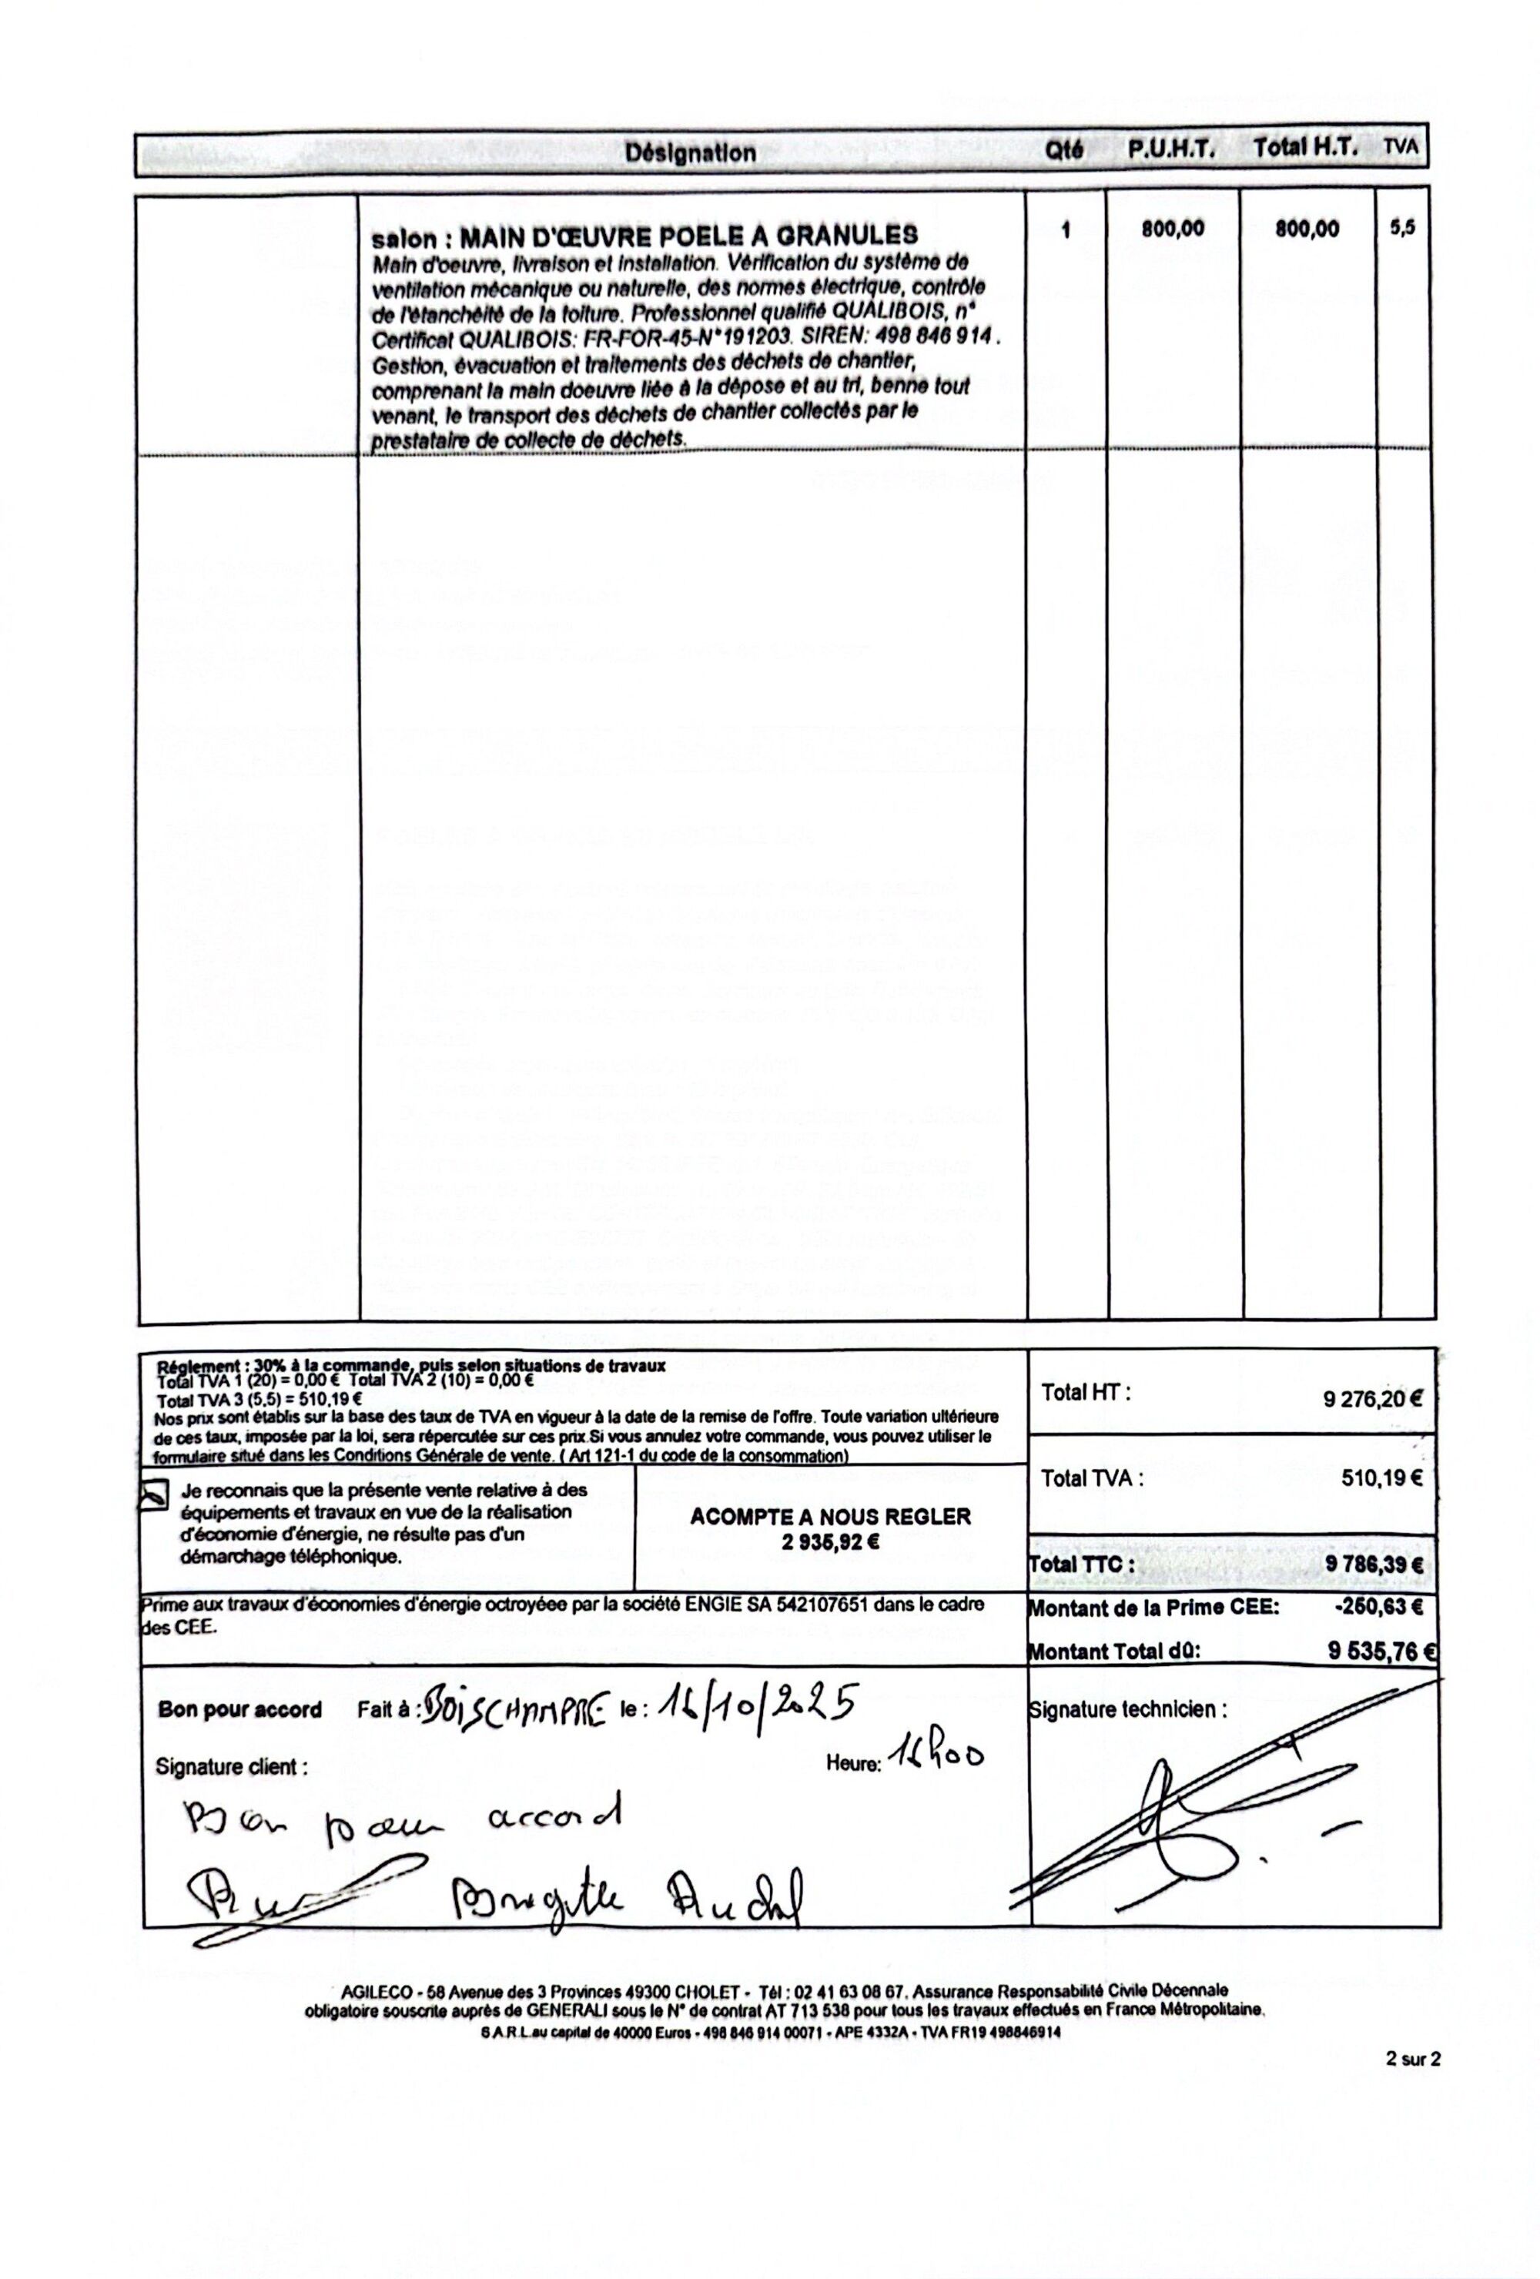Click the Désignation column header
(x=691, y=153)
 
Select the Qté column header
(x=1064, y=151)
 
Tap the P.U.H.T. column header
(x=1170, y=150)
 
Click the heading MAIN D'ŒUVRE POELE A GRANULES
(x=688, y=236)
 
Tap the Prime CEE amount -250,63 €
(x=1378, y=1608)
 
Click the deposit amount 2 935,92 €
(x=830, y=1541)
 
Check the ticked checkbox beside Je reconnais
(x=154, y=1495)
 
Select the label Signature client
(x=232, y=1767)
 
